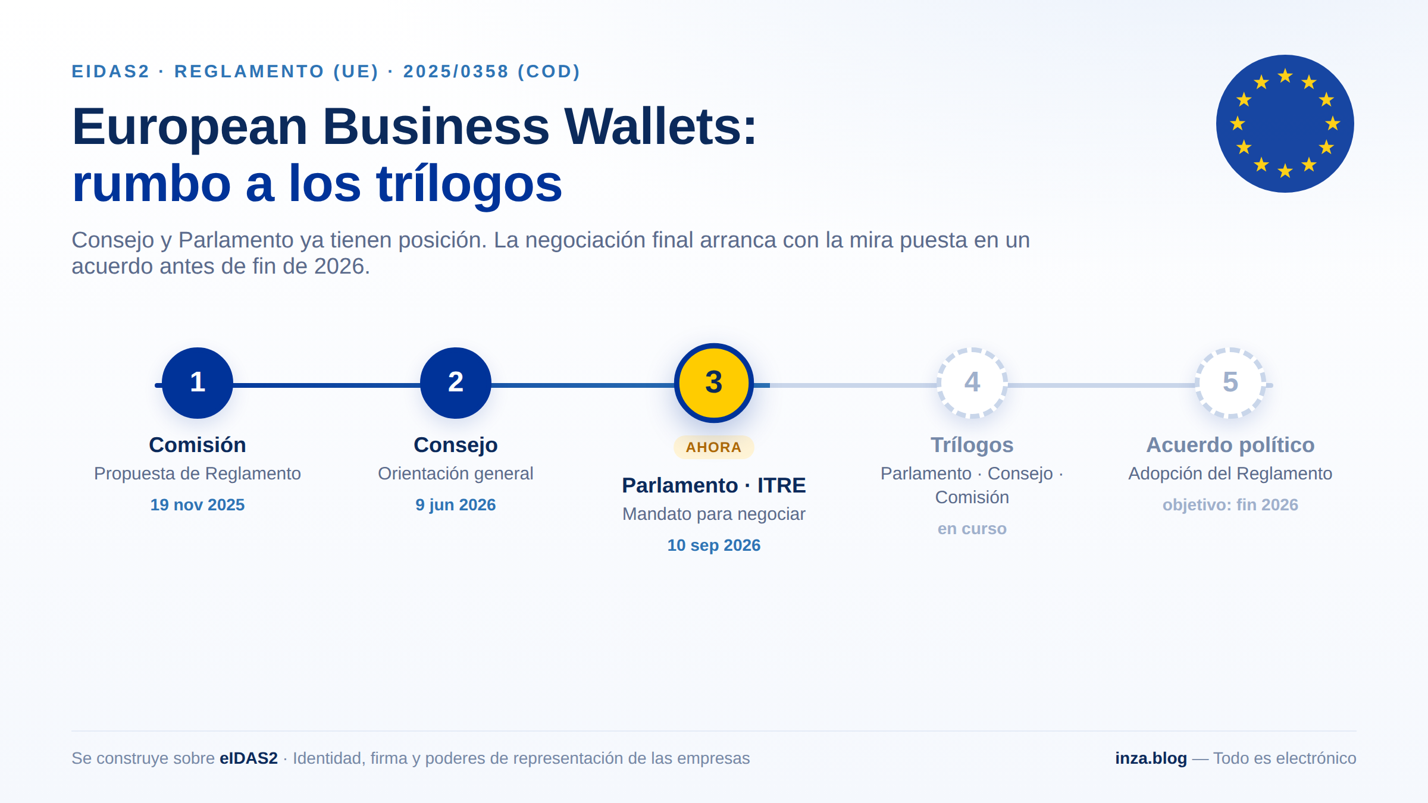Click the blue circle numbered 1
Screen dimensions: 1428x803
(x=198, y=382)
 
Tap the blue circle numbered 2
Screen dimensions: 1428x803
(x=456, y=382)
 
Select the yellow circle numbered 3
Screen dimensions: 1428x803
(x=714, y=382)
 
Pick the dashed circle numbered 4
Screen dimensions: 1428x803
(x=972, y=382)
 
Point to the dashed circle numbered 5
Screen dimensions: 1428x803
(x=1230, y=382)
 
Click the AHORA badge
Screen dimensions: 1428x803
(x=714, y=447)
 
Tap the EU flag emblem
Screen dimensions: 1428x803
(x=1285, y=124)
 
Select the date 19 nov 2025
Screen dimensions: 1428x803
(x=198, y=505)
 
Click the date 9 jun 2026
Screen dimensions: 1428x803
(x=456, y=505)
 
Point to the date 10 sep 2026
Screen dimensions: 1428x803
(x=714, y=545)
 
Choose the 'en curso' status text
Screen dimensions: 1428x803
(x=972, y=529)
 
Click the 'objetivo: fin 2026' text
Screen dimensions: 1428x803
(x=1230, y=505)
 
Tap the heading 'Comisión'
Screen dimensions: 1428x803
(x=198, y=445)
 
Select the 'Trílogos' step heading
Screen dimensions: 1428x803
(x=972, y=445)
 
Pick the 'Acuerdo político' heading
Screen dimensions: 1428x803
(x=1230, y=445)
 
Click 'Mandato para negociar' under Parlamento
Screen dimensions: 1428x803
(x=714, y=514)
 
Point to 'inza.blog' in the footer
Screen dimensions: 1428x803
(x=1151, y=758)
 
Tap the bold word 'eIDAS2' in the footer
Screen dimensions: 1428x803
(x=249, y=758)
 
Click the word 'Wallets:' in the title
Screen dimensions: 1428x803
(x=660, y=127)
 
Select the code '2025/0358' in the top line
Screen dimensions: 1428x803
(x=456, y=71)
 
